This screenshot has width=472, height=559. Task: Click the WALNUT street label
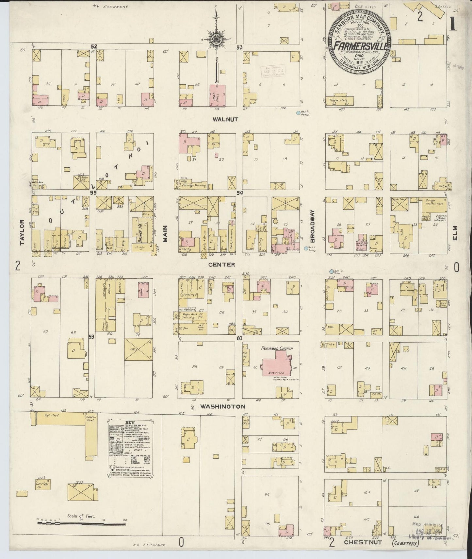click(x=225, y=120)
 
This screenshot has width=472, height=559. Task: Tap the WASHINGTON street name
click(x=222, y=407)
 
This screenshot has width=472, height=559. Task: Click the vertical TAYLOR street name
click(x=22, y=232)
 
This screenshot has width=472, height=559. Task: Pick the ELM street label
click(x=455, y=233)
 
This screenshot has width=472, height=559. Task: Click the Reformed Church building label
click(x=277, y=349)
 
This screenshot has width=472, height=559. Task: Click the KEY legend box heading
click(x=130, y=423)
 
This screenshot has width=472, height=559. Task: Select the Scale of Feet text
click(x=81, y=516)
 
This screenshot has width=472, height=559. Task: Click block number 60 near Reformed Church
click(x=240, y=338)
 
